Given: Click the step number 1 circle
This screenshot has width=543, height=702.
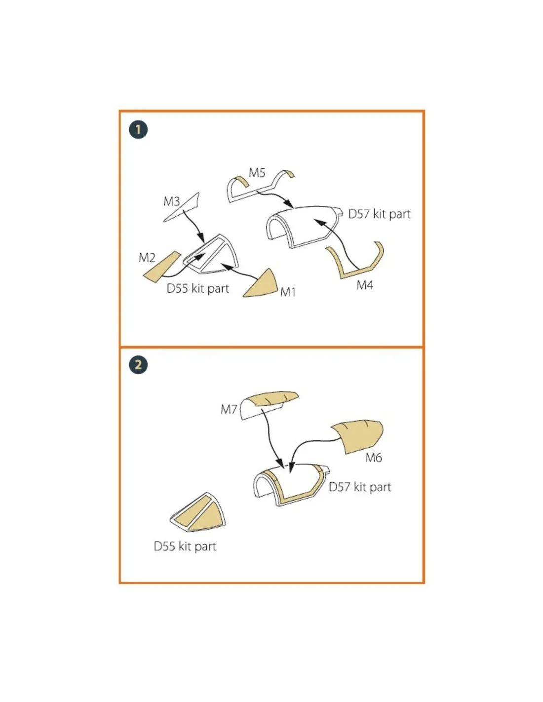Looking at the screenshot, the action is coord(138,130).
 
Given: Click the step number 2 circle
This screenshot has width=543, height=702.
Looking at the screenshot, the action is coord(138,365).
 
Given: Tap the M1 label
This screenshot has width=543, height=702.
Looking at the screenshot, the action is coord(288,292).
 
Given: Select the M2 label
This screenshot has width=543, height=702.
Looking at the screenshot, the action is coord(147,258).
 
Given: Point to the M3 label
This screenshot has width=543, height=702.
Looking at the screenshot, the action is coord(171,201).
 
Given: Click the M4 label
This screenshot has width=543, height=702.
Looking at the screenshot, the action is coord(365,285).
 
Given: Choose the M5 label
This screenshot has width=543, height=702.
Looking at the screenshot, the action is coord(257,173).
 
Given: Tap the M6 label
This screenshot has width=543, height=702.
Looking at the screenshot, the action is coord(373,457).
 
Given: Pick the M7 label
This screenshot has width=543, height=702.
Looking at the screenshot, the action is coord(229,410).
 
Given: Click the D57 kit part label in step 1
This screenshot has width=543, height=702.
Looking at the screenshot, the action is coord(379,214).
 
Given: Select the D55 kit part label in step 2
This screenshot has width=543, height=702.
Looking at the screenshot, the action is coord(185,546).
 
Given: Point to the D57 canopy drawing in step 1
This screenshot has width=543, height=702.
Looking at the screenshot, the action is coord(304,226).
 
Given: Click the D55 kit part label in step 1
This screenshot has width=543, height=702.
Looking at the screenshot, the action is coord(197,288).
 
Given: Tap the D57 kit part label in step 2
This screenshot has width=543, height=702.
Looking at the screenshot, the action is coord(360,487).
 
